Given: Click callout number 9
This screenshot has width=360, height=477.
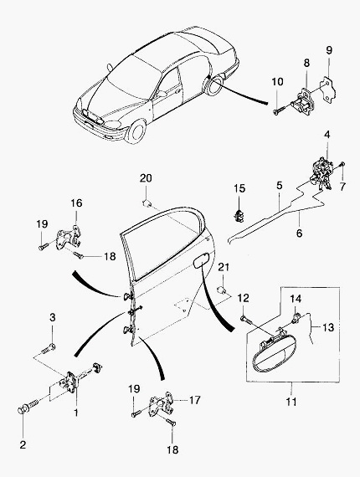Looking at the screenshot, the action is (329, 50).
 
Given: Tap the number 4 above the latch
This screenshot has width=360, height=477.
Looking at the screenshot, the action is (327, 135).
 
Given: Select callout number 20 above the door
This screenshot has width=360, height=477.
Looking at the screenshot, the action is (146, 178).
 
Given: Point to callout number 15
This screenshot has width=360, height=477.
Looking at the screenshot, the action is (239, 188).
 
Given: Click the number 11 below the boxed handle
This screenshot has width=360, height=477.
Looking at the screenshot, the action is (291, 402).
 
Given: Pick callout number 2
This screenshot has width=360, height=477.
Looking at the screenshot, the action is (23, 444).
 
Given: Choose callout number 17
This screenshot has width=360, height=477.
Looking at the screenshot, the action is (195, 400).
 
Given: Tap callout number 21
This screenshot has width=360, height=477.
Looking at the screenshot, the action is (224, 268).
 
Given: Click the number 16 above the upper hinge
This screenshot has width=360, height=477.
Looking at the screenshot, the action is (77, 203).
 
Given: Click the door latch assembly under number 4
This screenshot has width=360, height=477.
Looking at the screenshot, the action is (322, 173).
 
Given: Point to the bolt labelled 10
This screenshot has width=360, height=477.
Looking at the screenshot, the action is (279, 110).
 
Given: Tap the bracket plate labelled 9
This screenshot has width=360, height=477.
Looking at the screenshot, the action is (327, 90).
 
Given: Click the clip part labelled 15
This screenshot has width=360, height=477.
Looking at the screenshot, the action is (239, 215).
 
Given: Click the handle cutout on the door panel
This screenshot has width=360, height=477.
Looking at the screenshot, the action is (202, 261).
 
